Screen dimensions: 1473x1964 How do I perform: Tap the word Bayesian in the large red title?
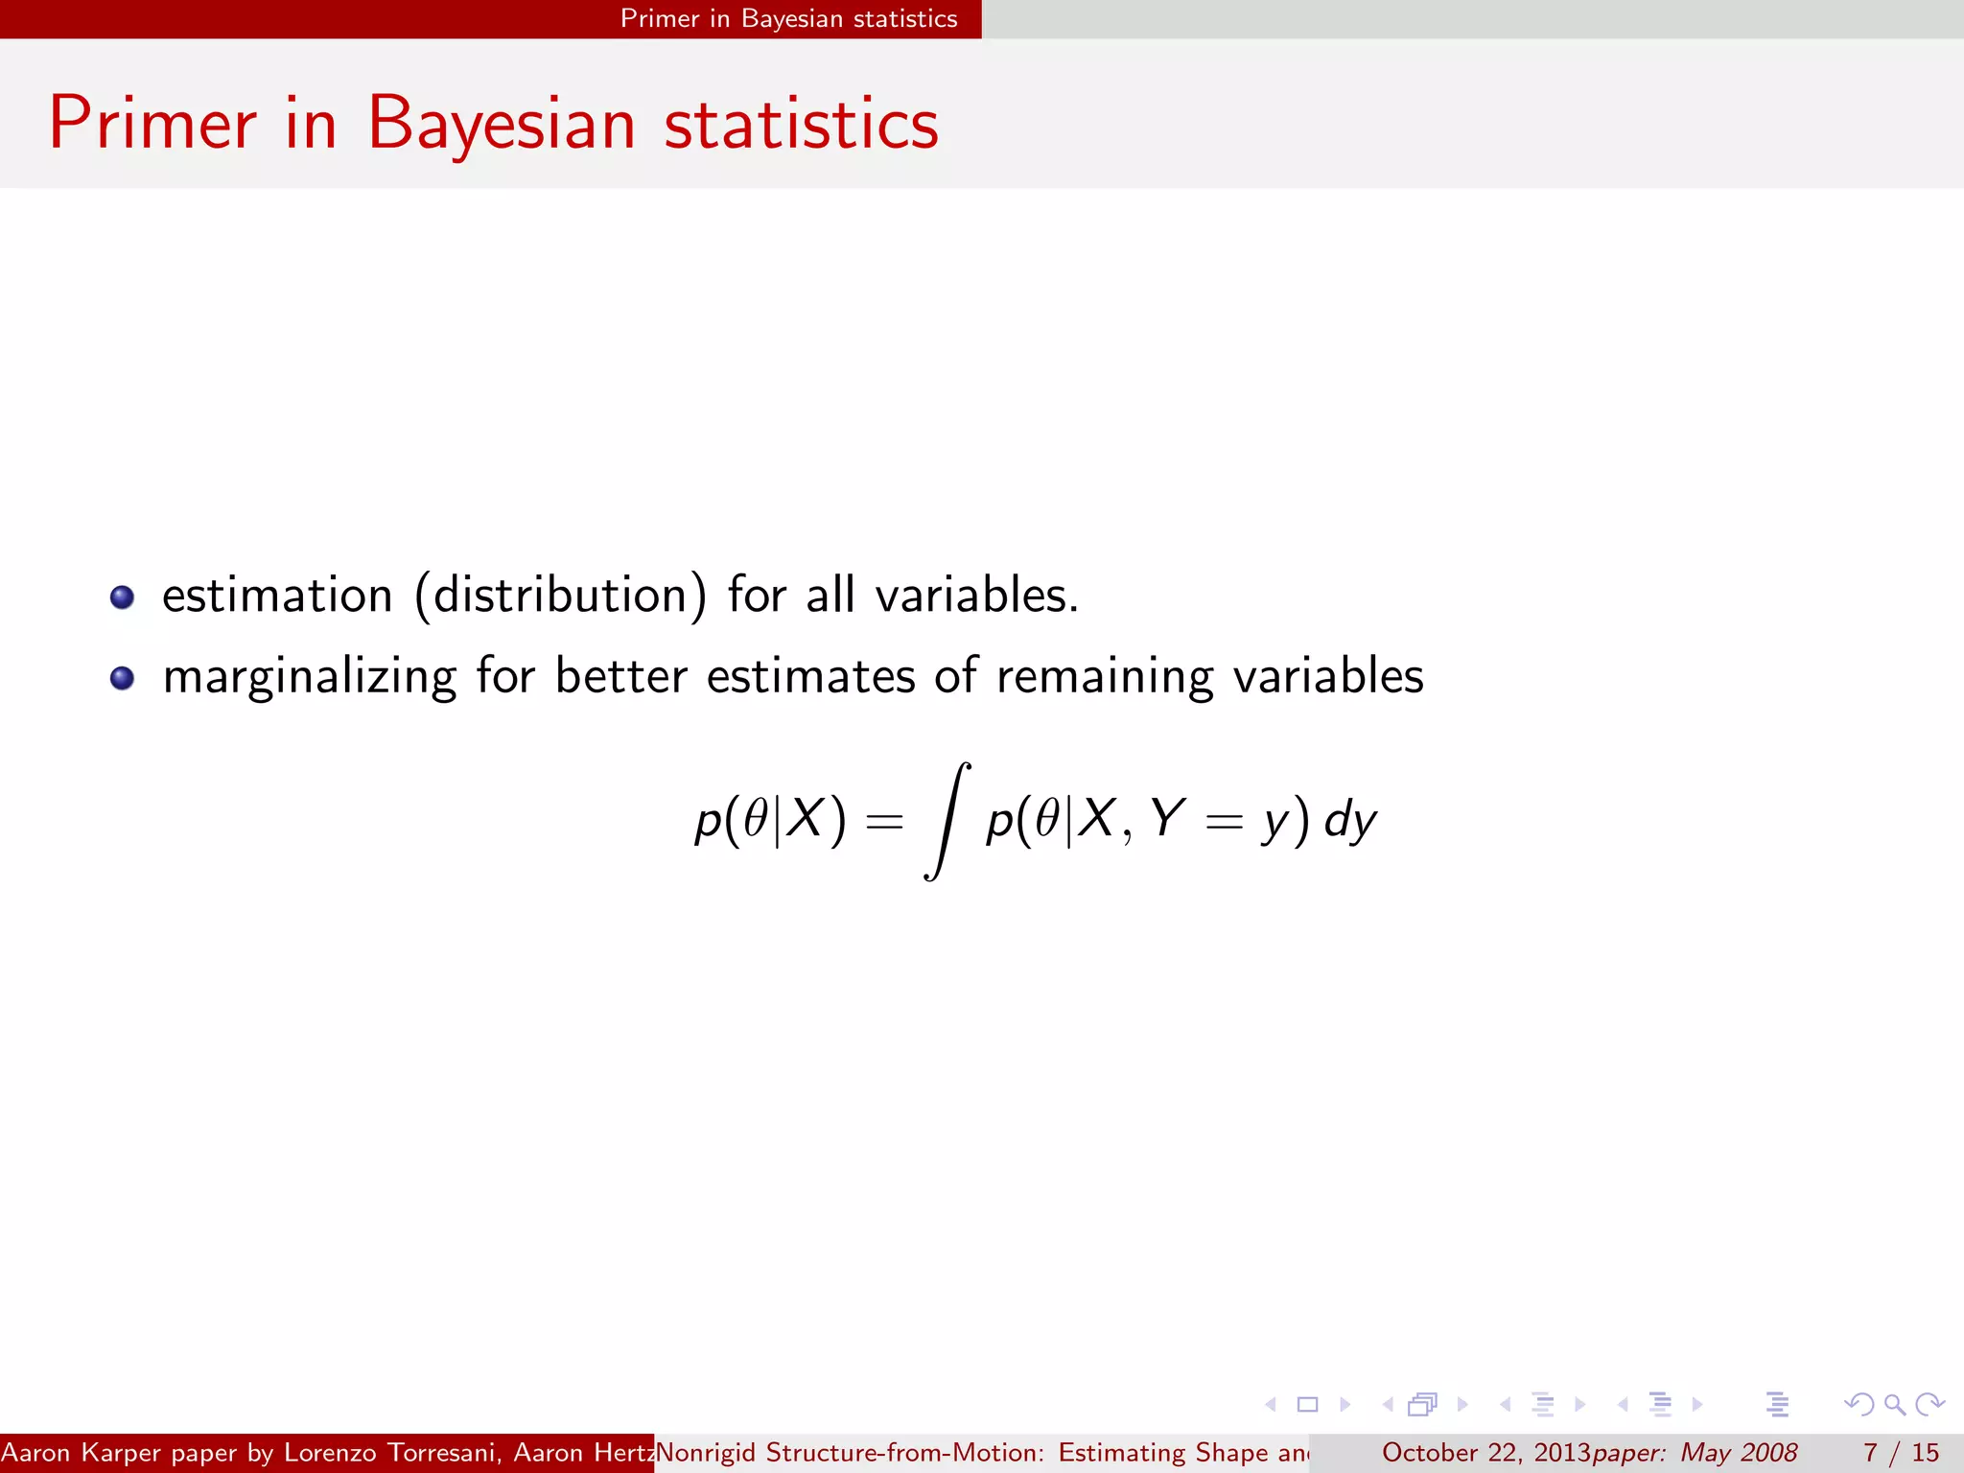pos(501,125)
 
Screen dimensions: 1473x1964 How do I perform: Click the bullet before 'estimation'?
pos(122,597)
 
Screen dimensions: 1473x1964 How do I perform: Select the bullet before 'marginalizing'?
pos(122,679)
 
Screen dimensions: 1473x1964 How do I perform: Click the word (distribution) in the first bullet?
pos(560,596)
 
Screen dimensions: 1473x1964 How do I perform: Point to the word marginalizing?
pos(309,677)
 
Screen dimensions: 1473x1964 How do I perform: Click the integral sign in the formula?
pos(947,821)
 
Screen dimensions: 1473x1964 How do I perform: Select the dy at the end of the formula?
pos(1350,821)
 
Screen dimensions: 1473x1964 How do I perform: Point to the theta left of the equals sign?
pos(757,818)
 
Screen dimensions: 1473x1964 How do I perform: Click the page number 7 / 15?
pos(1901,1453)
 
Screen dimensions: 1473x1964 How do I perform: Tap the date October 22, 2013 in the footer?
pos(1485,1453)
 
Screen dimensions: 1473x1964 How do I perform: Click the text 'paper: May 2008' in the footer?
pos(1695,1453)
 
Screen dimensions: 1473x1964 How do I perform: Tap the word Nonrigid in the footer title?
pos(707,1453)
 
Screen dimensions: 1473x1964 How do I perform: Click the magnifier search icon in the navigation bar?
pos(1894,1405)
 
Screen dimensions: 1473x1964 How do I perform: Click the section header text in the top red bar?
pos(788,19)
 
